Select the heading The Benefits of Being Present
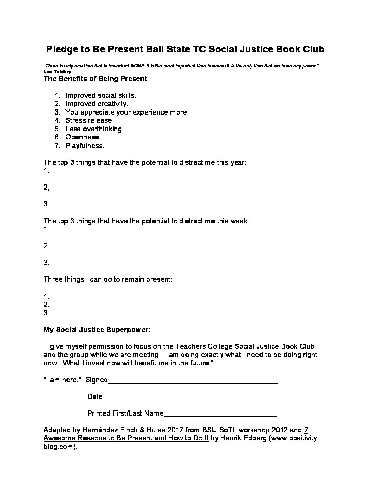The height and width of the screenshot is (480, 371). (95, 79)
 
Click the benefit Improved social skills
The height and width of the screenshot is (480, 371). (101, 95)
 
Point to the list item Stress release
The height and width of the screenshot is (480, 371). (89, 120)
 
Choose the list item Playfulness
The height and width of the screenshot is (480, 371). (85, 146)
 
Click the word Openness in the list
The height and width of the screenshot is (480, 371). (83, 137)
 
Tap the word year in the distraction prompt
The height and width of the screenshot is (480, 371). (238, 162)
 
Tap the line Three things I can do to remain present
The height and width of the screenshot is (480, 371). (108, 279)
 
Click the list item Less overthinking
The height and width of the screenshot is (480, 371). (94, 129)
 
